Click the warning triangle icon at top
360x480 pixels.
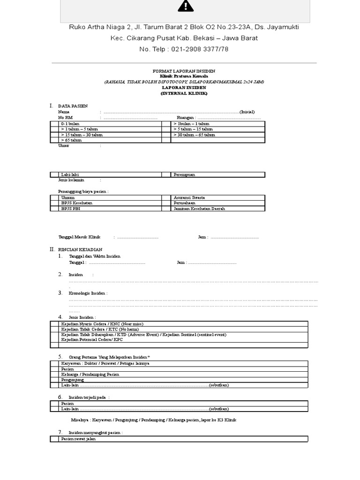(x=185, y=6)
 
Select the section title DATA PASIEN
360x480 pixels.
(x=73, y=106)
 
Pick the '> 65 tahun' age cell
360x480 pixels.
(x=71, y=140)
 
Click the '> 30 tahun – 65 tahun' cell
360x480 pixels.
(x=194, y=135)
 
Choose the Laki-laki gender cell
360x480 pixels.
(x=70, y=174)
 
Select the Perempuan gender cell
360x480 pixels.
(x=184, y=174)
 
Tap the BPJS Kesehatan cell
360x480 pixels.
(x=77, y=203)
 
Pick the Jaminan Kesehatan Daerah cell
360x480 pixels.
(x=199, y=209)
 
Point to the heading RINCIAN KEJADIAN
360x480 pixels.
(x=80, y=249)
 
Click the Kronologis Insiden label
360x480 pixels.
(x=88, y=293)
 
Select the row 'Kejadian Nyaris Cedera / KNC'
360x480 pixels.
(x=102, y=324)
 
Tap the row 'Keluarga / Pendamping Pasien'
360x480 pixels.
(x=90, y=374)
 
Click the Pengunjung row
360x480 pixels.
(x=73, y=380)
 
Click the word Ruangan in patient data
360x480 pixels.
(x=185, y=118)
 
